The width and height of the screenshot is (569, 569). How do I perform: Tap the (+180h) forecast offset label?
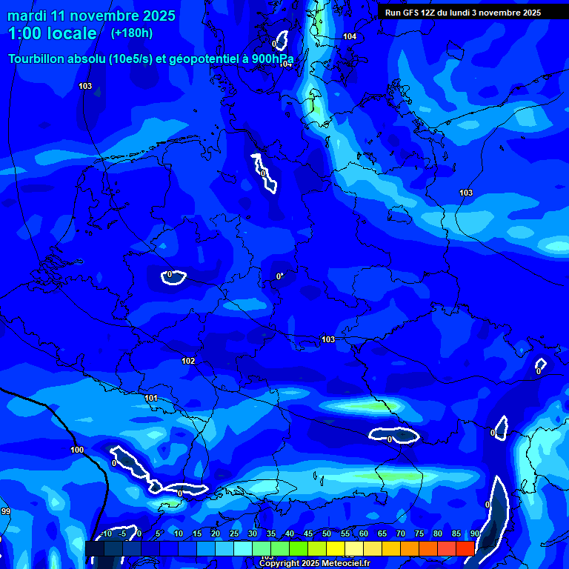click(131, 33)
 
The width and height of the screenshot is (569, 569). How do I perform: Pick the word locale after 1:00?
click(70, 33)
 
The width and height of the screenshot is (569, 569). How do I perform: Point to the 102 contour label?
click(188, 361)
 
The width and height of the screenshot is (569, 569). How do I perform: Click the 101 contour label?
click(151, 398)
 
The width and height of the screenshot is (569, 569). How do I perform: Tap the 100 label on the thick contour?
click(77, 450)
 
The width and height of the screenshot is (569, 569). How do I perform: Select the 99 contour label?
click(6, 511)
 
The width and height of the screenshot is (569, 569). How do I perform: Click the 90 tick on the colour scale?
click(474, 534)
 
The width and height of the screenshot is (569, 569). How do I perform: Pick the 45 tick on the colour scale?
click(307, 534)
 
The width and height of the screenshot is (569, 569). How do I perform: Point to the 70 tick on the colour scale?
click(400, 534)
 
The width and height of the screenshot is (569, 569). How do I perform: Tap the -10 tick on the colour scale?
click(106, 534)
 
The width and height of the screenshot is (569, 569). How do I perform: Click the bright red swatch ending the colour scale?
click(465, 548)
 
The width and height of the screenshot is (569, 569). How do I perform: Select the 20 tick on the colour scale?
click(215, 534)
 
